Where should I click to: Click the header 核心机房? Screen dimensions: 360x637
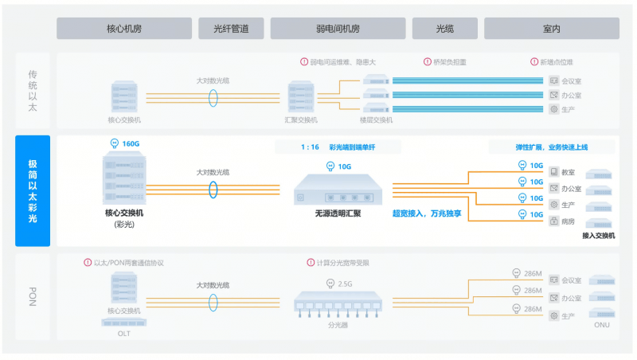point(123,28)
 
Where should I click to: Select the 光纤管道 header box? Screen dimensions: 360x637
point(231,28)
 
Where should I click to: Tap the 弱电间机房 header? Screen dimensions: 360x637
point(338,28)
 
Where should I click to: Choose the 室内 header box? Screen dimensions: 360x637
point(551,28)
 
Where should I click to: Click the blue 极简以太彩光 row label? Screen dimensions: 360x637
point(33,190)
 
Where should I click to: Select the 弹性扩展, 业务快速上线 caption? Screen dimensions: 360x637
point(551,147)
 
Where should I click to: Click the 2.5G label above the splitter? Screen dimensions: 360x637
point(344,284)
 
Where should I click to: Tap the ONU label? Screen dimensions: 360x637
point(601,325)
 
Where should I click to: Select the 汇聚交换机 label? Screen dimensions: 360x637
point(301,120)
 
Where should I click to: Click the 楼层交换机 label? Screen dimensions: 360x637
point(376,120)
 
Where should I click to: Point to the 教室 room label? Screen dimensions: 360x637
point(568,173)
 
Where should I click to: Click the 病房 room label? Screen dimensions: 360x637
point(568,221)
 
